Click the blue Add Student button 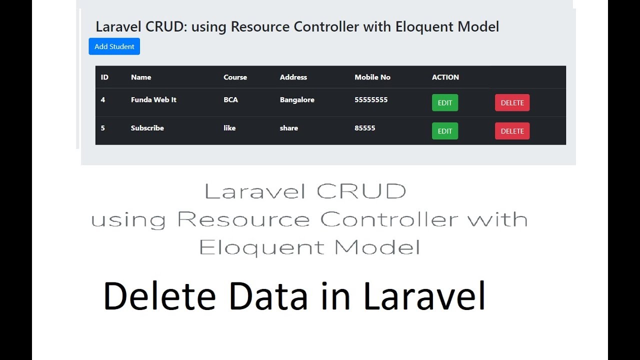pos(114,46)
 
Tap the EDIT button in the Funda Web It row pos(444,103)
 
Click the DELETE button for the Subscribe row pos(512,131)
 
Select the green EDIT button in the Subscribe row pos(444,131)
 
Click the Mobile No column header pos(372,77)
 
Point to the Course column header pos(235,77)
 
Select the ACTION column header pos(445,77)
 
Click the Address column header pos(293,77)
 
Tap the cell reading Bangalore pos(297,100)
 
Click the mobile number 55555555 pos(371,100)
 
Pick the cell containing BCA pos(230,100)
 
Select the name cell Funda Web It pos(153,100)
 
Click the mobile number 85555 pos(364,128)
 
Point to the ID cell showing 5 pos(103,128)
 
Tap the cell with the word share pos(288,128)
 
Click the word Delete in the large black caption pos(159,296)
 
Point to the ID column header pos(104,77)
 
